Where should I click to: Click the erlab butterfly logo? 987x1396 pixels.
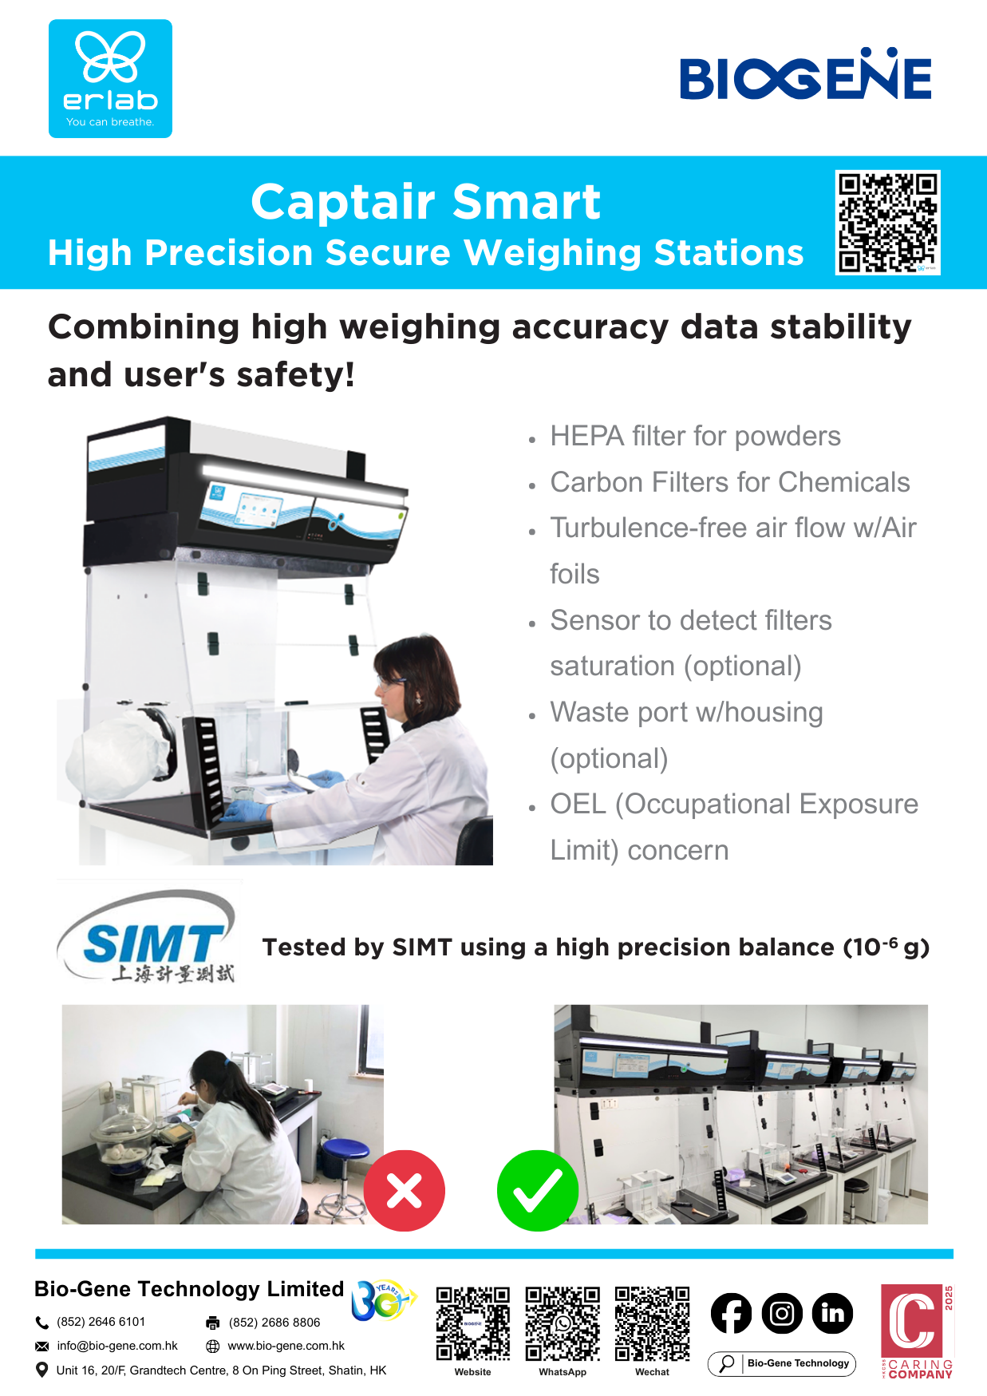(110, 78)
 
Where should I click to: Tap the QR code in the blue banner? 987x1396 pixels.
(887, 223)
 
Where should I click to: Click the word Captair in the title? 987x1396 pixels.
(345, 202)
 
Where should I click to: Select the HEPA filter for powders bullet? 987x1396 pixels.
(695, 436)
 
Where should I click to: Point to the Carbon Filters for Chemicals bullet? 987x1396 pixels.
(729, 482)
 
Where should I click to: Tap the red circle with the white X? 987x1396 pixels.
(405, 1190)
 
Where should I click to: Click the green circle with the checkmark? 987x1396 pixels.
(538, 1190)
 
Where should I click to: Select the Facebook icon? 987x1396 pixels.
(731, 1313)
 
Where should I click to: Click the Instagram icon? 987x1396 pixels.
(782, 1313)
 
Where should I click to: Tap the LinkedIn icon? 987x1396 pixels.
(832, 1313)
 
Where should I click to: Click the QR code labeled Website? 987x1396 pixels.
(473, 1323)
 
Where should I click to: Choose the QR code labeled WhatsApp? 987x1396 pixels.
(563, 1323)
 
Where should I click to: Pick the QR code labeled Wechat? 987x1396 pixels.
(653, 1323)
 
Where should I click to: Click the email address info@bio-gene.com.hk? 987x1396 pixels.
(117, 1346)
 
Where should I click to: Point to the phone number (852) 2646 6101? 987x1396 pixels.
(101, 1322)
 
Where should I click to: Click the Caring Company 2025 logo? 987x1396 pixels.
(917, 1331)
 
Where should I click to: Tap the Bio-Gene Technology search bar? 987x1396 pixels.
(782, 1363)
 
